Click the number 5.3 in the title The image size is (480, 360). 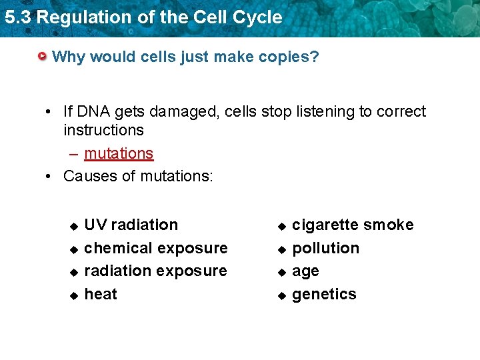coord(17,17)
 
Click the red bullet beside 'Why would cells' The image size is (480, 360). coord(43,57)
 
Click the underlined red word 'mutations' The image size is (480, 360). coord(119,153)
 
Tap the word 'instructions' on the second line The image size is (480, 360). coord(103,129)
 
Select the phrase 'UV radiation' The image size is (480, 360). coord(131,225)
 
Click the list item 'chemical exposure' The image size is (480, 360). coord(156,248)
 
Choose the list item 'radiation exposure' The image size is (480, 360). coord(155,271)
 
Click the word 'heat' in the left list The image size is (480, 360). coord(101,294)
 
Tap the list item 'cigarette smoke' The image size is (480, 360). coord(353,225)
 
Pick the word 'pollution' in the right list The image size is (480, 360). coord(325,248)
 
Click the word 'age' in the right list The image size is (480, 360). coord(305,271)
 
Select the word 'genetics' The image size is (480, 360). coord(324,294)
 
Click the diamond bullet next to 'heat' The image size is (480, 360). coord(74,295)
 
